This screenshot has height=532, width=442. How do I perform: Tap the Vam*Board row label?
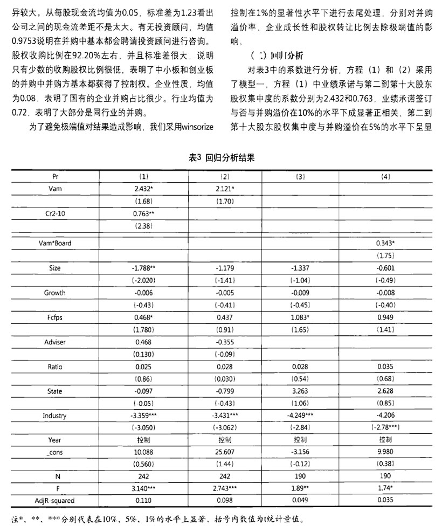pos(54,243)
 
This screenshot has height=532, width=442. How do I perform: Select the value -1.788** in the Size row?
pos(144,268)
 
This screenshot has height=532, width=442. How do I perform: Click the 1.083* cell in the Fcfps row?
pos(301,317)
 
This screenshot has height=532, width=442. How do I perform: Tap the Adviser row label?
pos(54,342)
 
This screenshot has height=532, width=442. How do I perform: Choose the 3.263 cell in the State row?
pos(301,392)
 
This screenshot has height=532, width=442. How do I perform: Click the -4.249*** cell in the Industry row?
pos(301,417)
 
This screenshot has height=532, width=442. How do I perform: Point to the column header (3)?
pos(301,176)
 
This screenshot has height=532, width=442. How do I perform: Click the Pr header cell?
pos(54,176)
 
